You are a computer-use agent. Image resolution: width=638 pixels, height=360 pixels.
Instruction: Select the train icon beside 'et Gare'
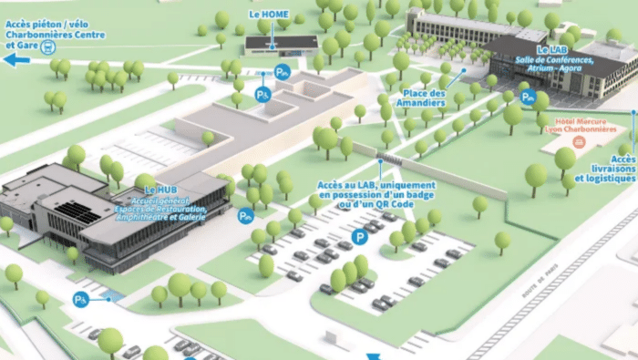pos(48,46)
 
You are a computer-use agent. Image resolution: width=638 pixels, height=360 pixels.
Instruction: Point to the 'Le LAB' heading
pos(554,49)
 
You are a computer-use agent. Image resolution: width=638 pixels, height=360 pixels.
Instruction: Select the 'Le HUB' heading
pos(160,190)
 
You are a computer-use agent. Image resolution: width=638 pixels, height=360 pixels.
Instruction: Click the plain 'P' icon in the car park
pos(362,237)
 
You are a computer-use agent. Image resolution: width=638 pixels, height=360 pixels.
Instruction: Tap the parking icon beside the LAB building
pos(527,96)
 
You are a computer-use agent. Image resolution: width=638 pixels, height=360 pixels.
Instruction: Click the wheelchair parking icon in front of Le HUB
pos(244,216)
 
